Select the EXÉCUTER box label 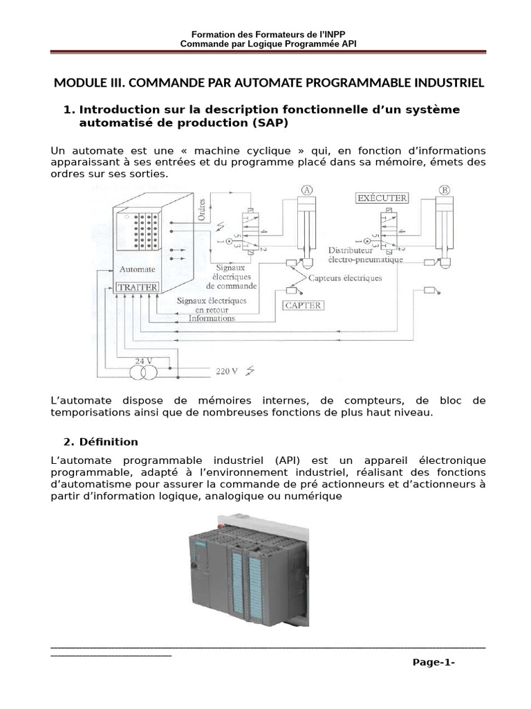381,198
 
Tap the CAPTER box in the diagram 303,305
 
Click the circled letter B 445,190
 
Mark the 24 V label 143,361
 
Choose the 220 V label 227,371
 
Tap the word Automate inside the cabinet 138,269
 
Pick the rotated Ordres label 202,206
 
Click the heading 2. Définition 101,442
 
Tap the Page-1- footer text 434,663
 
